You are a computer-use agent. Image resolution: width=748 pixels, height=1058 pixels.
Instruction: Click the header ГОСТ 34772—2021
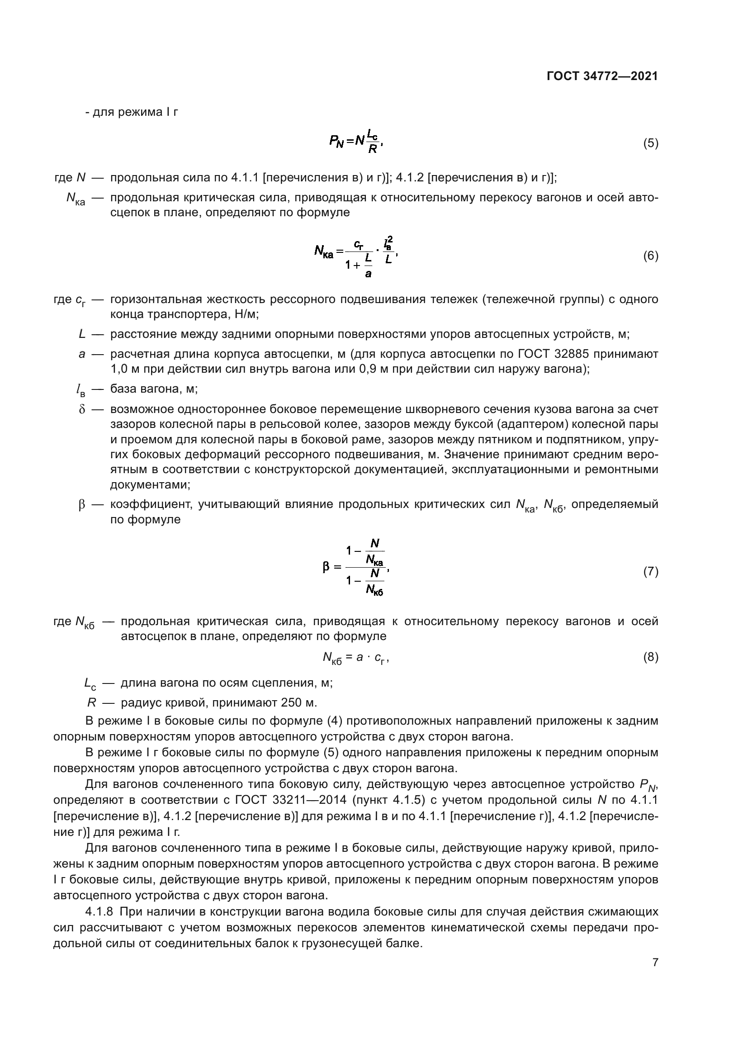coord(602,76)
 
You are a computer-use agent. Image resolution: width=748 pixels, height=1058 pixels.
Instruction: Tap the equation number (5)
coord(650,143)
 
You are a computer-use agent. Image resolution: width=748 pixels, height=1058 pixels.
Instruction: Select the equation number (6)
coord(650,256)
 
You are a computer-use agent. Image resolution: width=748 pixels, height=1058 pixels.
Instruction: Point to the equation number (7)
coord(650,572)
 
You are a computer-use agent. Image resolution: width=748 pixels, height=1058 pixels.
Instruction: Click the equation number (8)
coord(650,657)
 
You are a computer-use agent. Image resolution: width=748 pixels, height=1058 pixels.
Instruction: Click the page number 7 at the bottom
coord(655,963)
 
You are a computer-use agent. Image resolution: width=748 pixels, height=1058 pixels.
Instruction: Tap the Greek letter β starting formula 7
coord(326,567)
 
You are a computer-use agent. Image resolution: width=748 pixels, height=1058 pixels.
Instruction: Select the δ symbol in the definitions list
coord(82,409)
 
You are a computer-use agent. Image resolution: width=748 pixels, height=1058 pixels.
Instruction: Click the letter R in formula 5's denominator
coord(372,149)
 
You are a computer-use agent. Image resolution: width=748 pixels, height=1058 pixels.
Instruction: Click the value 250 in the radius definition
coord(280,703)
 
